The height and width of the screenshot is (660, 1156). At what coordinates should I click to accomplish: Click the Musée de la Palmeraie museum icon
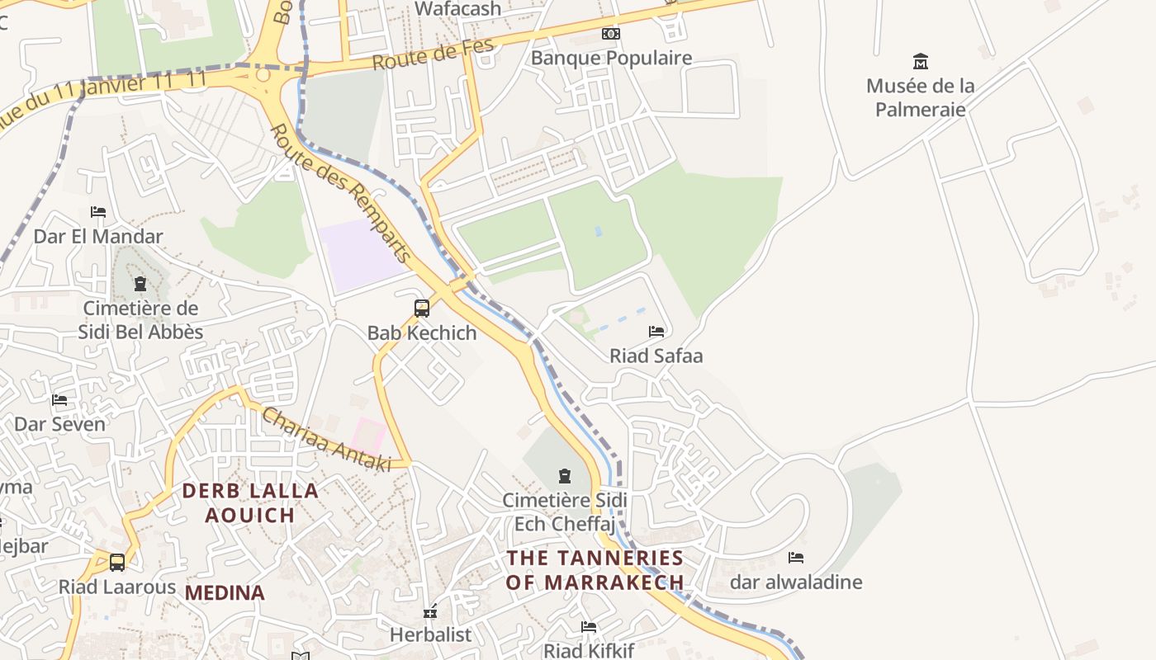coord(920,61)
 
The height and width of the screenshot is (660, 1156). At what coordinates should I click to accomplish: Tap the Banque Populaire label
coord(611,59)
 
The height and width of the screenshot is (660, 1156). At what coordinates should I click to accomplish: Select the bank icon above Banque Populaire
coord(611,34)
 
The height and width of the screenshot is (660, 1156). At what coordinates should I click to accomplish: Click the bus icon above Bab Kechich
coord(422,309)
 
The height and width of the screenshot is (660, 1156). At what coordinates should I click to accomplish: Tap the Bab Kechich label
coord(422,333)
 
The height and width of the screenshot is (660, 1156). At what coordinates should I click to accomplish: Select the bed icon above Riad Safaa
coord(656,332)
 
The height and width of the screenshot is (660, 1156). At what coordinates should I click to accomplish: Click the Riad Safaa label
coord(656,356)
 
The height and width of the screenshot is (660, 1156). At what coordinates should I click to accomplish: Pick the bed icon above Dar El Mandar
coord(98,212)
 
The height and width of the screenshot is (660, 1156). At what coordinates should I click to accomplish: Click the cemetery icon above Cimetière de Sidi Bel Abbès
coord(140,285)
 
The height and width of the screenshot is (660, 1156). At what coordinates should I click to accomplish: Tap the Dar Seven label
coord(59,425)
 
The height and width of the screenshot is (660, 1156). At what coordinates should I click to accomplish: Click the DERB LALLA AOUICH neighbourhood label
coord(250,503)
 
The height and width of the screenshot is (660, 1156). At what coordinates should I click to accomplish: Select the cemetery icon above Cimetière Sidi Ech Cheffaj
coord(565,476)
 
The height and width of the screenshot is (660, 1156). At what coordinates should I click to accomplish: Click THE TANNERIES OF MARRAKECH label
coord(595,570)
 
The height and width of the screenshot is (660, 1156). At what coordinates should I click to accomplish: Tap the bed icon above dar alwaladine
coord(796,558)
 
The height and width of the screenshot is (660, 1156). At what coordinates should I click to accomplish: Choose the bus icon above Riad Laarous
coord(117,563)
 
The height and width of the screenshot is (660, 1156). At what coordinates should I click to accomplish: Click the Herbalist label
coord(430,635)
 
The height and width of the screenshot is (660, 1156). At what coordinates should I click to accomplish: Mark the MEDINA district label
coord(225,593)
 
